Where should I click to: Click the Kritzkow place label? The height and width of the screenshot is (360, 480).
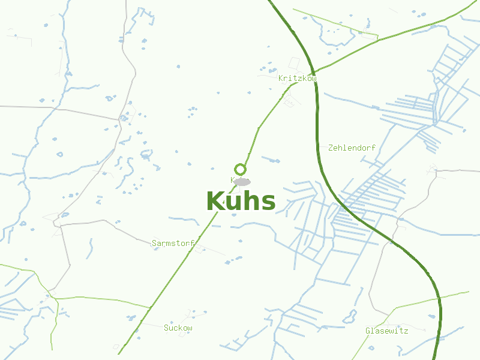click(297, 79)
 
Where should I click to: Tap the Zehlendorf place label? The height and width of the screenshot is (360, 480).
click(352, 148)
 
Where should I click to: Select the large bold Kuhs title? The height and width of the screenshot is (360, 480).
click(241, 202)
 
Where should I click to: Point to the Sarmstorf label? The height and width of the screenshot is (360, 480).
click(173, 243)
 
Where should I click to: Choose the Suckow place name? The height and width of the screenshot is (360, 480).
click(178, 328)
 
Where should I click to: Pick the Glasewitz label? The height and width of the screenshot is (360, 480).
click(386, 331)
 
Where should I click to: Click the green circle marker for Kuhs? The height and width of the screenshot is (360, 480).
click(241, 169)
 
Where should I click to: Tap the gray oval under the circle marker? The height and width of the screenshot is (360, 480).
click(242, 181)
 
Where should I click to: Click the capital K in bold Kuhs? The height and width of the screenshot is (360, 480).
click(215, 202)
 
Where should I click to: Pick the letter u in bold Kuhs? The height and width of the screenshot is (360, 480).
click(233, 203)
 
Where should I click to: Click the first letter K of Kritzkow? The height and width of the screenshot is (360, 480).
click(280, 79)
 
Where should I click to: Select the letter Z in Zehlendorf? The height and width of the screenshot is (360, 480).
click(331, 148)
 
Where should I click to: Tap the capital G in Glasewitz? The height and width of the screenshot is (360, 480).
click(368, 331)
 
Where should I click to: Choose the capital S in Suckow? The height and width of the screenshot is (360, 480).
click(166, 328)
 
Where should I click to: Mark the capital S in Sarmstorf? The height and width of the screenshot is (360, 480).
click(154, 243)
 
